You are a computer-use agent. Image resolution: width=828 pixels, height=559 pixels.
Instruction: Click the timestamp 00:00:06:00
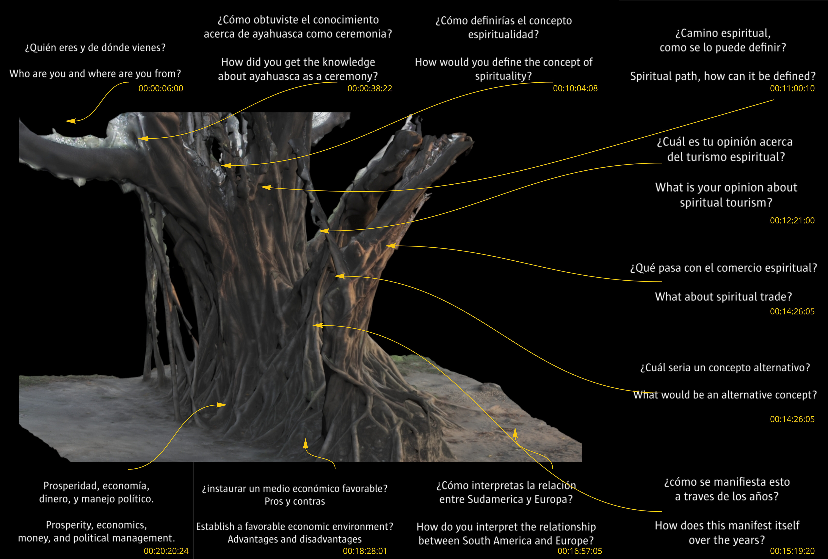click(x=161, y=88)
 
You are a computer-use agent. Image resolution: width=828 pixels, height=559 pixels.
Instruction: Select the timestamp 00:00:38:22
click(x=370, y=88)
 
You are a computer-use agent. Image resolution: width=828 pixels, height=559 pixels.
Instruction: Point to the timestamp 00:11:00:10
click(x=792, y=88)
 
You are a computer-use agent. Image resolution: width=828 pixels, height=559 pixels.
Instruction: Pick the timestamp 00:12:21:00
click(x=792, y=221)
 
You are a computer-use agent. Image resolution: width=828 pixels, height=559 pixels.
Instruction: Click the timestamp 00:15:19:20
click(x=792, y=551)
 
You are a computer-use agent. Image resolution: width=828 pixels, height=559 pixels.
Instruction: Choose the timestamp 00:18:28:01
click(x=365, y=551)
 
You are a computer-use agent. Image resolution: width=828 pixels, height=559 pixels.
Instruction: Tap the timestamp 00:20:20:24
click(x=166, y=551)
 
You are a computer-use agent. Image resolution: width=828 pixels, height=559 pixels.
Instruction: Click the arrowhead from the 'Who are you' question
click(x=70, y=121)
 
